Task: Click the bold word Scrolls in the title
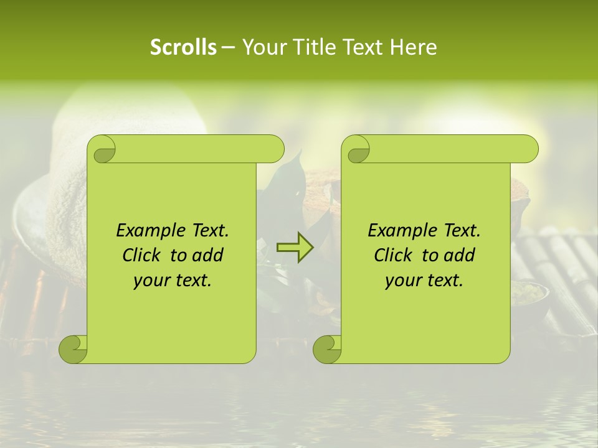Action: click(183, 47)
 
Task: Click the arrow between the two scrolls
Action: click(295, 248)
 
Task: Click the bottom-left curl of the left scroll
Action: click(74, 349)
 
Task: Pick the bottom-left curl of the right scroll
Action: click(328, 349)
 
